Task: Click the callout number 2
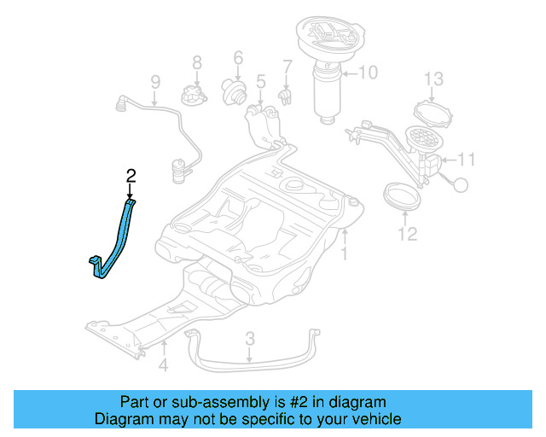coord(131,177)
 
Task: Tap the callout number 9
coord(155,83)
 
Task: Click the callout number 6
coord(238,58)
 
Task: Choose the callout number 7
coord(288,66)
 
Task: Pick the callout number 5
coord(260,82)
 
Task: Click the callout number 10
coord(367,73)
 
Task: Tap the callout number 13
coord(434,79)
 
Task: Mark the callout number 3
coord(249,339)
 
